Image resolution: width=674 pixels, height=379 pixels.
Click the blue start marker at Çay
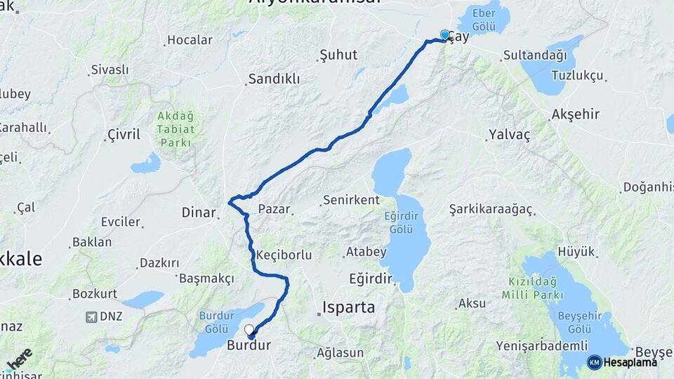point(444,35)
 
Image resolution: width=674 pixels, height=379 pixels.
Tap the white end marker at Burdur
point(249,329)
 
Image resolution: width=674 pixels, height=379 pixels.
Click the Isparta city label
point(349,307)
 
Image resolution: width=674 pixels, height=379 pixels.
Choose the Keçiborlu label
point(284,255)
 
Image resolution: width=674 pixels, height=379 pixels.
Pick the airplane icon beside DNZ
point(91,317)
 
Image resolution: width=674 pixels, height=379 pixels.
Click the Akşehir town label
point(576,114)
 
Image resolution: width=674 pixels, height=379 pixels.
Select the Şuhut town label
point(338,55)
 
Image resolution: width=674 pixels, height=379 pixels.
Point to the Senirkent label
point(351,201)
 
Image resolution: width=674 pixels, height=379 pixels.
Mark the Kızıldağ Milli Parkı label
point(541,288)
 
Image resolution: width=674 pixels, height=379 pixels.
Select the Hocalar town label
point(190,40)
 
